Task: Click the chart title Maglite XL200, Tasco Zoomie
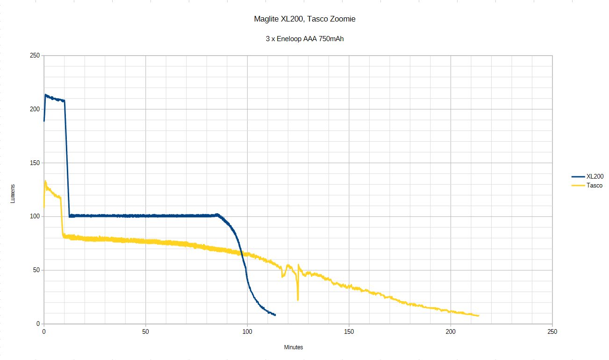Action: coord(304,19)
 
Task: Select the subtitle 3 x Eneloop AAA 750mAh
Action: coord(304,39)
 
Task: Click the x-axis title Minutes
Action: coord(294,347)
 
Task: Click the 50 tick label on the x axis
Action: coord(145,331)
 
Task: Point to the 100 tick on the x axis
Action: coord(247,331)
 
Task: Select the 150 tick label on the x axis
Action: coord(349,331)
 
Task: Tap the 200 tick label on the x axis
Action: coord(451,331)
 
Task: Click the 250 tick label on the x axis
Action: coord(552,331)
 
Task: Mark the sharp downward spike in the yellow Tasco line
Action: coord(298,299)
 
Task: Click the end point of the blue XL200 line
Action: coord(275,315)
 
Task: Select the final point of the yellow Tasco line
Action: coord(479,316)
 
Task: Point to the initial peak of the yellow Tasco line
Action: coord(45,181)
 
